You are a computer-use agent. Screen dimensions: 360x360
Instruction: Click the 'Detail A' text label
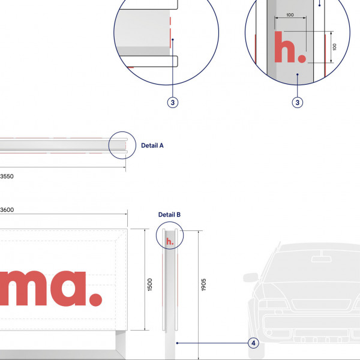152,145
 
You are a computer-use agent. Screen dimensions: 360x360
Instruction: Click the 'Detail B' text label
169,214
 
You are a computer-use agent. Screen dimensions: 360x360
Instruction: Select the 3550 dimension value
6,176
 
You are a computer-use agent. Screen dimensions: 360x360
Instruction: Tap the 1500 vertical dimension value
150,284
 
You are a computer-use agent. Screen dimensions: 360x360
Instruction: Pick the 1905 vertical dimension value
203,284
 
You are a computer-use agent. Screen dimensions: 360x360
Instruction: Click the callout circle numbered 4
253,343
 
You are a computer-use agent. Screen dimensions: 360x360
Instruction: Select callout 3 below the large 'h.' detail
297,103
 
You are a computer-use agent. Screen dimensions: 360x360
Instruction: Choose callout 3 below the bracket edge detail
173,103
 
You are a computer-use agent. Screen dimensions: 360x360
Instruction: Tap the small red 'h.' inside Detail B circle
170,241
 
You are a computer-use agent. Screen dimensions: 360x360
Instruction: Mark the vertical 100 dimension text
334,47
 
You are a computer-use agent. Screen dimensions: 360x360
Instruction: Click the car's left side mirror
250,278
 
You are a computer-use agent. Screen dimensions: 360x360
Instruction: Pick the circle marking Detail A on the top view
122,145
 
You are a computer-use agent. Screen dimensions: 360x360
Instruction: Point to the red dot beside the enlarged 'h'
301,59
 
